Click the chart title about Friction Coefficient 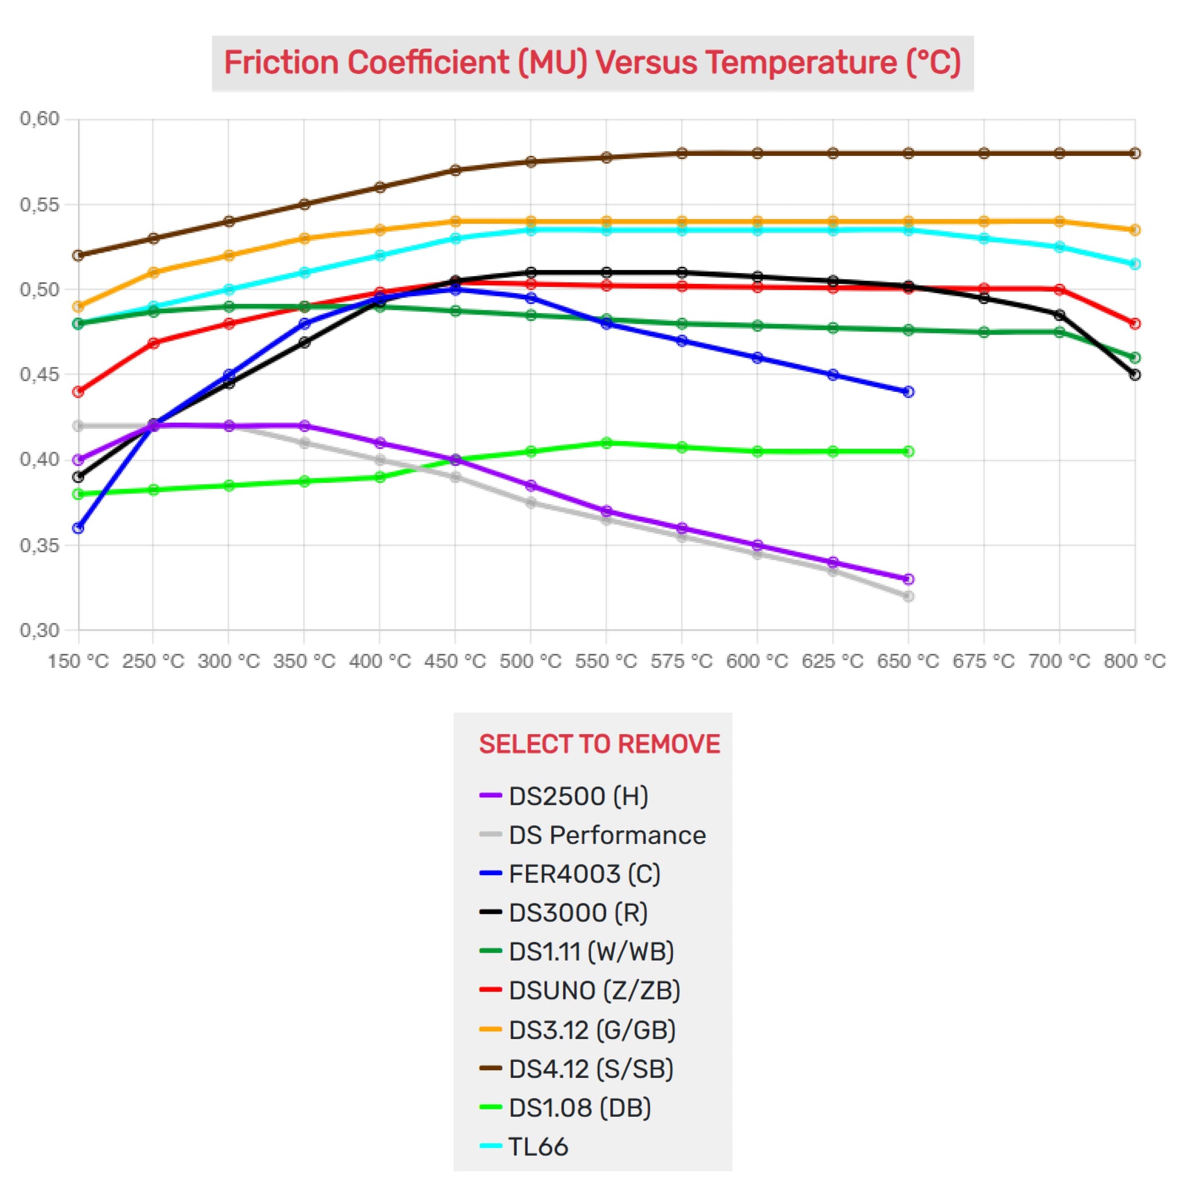(x=592, y=63)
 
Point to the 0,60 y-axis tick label (x=40, y=118)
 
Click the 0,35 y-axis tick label (x=40, y=545)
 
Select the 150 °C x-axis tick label (x=78, y=661)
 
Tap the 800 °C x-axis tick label (x=1134, y=661)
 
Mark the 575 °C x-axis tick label (x=681, y=661)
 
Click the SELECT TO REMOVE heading (x=599, y=744)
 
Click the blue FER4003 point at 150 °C (x=78, y=528)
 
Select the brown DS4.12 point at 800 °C (x=1135, y=153)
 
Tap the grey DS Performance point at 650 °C (x=909, y=597)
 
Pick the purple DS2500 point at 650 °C (x=909, y=580)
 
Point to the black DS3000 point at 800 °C (x=1135, y=374)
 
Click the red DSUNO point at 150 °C (x=78, y=392)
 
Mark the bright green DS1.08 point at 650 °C (x=909, y=452)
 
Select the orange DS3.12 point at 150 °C (x=78, y=307)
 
